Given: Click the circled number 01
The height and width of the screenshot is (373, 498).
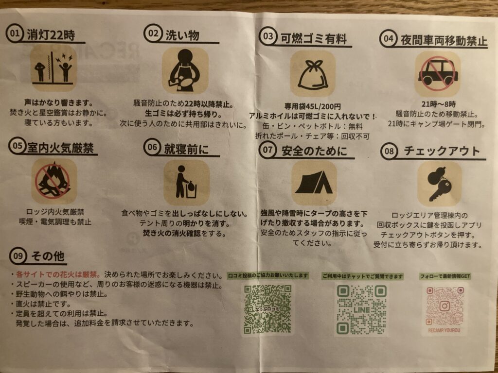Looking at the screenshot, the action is click(14, 34).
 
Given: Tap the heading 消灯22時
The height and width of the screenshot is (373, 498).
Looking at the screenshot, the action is click(51, 34).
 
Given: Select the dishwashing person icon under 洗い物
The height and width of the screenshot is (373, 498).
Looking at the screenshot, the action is click(185, 71).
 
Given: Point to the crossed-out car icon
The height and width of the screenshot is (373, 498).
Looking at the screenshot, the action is click(438, 74).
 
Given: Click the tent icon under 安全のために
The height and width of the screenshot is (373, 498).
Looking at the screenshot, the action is click(314, 183).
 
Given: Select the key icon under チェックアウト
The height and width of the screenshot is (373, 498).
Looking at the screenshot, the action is click(439, 184).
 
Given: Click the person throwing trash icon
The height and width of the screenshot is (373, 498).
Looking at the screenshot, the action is click(186, 182).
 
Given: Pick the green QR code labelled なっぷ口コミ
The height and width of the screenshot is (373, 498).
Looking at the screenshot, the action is click(267, 309).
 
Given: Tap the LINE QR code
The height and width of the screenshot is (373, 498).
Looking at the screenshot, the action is click(361, 309).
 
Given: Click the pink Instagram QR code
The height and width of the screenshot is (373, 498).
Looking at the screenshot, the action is click(445, 306).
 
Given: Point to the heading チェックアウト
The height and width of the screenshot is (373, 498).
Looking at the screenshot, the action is click(442, 151).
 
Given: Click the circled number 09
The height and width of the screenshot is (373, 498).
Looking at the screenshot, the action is click(18, 255).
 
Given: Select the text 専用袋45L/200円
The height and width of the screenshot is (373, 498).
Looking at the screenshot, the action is click(312, 106).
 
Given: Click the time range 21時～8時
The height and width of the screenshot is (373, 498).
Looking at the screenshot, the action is click(438, 104).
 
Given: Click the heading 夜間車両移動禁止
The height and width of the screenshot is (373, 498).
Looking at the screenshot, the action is click(444, 41).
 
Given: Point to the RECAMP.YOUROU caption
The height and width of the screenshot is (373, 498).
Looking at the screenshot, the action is click(444, 330).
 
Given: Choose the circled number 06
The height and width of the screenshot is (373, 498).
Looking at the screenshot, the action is click(152, 147).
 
